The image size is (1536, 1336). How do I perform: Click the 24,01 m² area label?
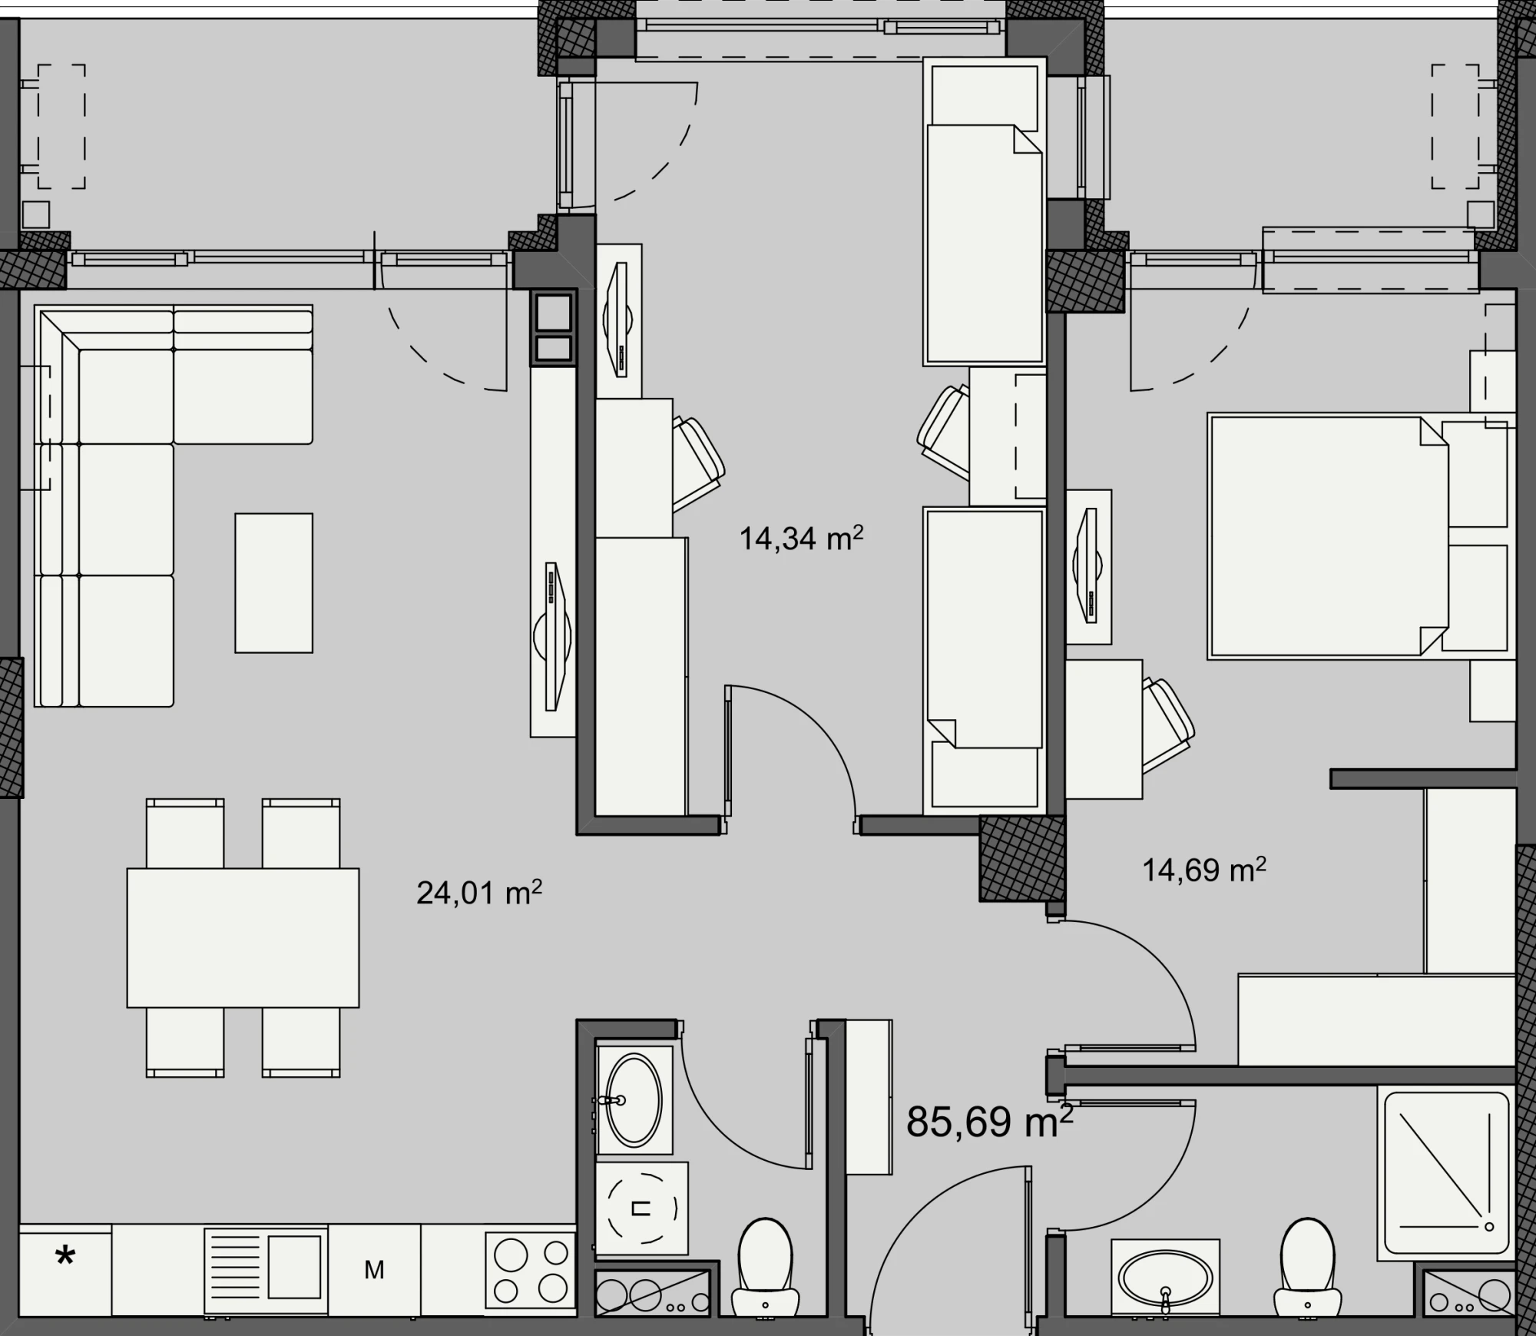click(479, 893)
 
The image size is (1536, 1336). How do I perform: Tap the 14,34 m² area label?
click(801, 538)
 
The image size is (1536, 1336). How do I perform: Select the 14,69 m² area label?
click(1204, 870)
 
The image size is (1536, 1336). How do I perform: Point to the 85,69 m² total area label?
click(990, 1121)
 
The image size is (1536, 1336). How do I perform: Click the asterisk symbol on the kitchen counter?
click(65, 1258)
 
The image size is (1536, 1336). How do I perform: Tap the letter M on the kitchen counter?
click(374, 1270)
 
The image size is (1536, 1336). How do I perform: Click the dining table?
click(243, 937)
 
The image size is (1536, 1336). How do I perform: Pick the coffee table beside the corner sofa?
click(273, 583)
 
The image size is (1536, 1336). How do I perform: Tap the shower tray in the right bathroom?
click(1446, 1173)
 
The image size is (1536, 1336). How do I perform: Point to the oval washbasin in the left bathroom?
click(634, 1100)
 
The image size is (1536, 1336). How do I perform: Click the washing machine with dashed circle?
click(641, 1208)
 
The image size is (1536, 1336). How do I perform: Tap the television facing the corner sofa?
click(553, 637)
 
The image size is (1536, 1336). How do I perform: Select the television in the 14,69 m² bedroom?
click(1088, 566)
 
